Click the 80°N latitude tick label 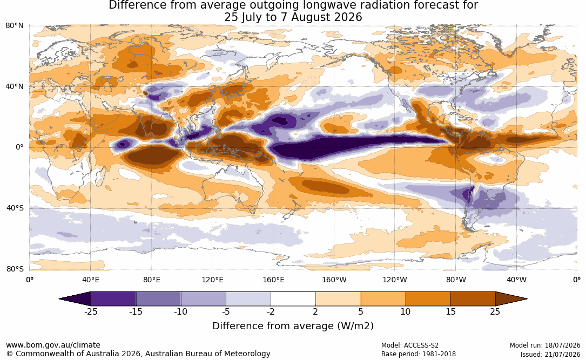15,25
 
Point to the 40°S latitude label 15,208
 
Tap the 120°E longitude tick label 212,280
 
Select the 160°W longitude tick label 334,280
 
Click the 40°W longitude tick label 516,280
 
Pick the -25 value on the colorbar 91,311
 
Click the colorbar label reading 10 406,311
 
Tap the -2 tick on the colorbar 271,311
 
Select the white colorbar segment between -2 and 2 293,299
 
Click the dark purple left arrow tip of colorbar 59,299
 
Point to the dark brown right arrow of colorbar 511,299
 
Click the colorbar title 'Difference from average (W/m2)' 293,326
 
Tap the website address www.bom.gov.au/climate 53,345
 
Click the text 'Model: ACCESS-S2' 410,345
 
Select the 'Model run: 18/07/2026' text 545,345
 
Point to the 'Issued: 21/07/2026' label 550,354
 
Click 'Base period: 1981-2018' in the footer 419,354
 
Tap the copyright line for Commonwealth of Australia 138,354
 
